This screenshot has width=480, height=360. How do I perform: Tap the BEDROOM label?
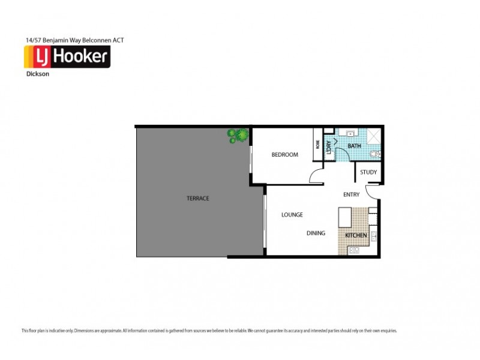point(284,155)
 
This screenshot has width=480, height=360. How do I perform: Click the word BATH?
point(354,146)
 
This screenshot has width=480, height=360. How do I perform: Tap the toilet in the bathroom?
point(374,154)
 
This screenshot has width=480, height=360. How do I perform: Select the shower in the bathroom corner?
point(373,136)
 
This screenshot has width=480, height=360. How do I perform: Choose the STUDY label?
point(368,173)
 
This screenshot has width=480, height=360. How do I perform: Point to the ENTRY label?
point(351,194)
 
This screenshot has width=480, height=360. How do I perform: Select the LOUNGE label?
point(292,214)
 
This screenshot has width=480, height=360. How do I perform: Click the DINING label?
point(316,233)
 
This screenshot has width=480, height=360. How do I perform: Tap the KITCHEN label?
point(355,235)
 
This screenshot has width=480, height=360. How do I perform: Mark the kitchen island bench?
point(344,217)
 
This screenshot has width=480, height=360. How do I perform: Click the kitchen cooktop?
point(373,236)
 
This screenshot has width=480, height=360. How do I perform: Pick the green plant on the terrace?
point(237,136)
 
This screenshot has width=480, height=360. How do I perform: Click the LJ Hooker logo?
point(66,58)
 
